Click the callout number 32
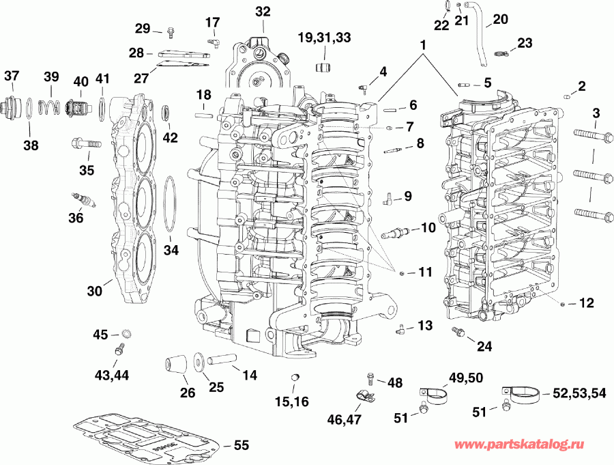(x=263, y=11)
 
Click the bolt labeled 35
(x=85, y=144)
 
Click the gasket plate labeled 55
(x=147, y=436)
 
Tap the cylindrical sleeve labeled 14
(x=222, y=360)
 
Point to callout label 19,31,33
(x=325, y=37)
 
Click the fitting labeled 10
(x=396, y=233)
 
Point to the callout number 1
(x=424, y=44)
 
